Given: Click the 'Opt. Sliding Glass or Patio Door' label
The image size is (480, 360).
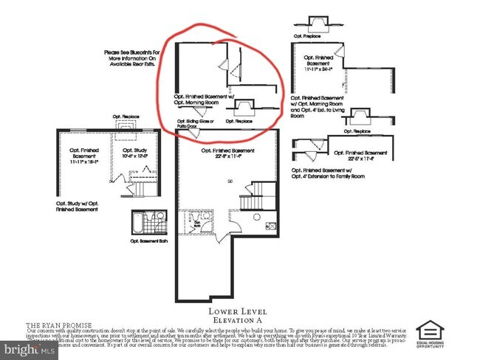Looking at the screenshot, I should click(x=195, y=122).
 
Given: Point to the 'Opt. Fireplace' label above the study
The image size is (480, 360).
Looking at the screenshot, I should click(x=126, y=117).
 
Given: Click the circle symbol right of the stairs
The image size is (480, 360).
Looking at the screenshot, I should click(x=256, y=217).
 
